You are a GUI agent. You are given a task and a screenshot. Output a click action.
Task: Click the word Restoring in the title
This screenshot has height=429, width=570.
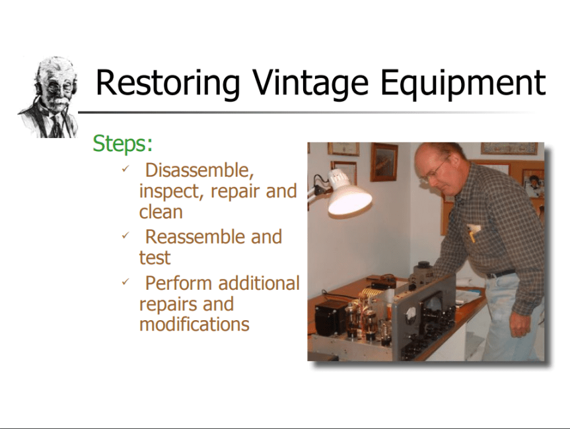(x=168, y=83)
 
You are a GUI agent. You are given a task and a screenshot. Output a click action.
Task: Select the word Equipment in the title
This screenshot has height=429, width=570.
(x=463, y=83)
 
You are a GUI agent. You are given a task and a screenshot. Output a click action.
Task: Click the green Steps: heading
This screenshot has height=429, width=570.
(x=122, y=144)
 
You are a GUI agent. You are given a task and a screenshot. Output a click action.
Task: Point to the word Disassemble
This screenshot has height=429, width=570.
(x=199, y=170)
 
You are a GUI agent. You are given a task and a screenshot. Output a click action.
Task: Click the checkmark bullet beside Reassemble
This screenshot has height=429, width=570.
(x=125, y=236)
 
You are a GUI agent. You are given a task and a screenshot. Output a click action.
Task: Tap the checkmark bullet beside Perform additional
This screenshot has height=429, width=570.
(x=125, y=282)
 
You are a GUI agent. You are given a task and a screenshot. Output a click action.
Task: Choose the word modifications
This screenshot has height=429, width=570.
(x=194, y=324)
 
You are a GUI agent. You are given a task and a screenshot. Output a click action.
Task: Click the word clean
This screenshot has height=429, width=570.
(x=160, y=212)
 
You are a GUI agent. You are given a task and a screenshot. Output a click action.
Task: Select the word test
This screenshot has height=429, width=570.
(x=155, y=258)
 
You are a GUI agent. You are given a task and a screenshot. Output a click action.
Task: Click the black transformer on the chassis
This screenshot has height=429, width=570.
(x=332, y=316)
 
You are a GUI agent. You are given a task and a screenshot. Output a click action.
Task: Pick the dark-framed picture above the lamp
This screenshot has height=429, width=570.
(x=384, y=162)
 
